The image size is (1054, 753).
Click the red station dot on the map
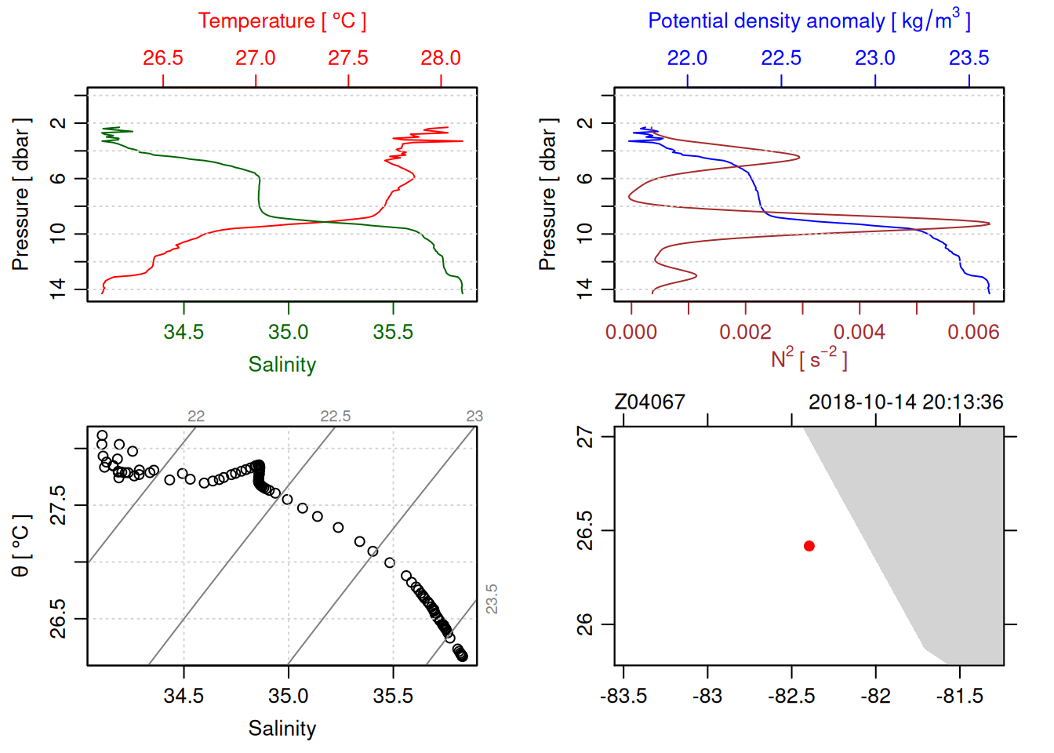pos(809,546)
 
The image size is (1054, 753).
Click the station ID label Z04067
pos(649,402)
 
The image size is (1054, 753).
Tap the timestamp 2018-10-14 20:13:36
pos(906,402)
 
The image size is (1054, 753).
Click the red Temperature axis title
pos(282,21)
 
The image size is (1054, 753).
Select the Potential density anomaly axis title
pos(809,20)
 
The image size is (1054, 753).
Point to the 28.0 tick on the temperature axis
pos(441,58)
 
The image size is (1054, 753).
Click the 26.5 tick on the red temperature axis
pos(163,58)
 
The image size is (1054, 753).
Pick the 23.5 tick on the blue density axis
pos(969,58)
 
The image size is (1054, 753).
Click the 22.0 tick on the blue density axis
pos(687,58)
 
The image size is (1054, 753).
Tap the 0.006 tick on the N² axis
pos(973,332)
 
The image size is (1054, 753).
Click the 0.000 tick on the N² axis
pos(631,332)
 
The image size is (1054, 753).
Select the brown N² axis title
pos(809,359)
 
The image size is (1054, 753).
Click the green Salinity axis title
pos(282,365)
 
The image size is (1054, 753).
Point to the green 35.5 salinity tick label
pos(393,332)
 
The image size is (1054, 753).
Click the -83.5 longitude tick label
pos(623,696)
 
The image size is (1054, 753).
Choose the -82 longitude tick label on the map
pos(875,696)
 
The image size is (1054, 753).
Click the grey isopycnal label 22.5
pos(335,417)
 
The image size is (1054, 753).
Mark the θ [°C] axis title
pos(20,546)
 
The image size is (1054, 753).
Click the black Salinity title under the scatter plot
pos(282,729)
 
